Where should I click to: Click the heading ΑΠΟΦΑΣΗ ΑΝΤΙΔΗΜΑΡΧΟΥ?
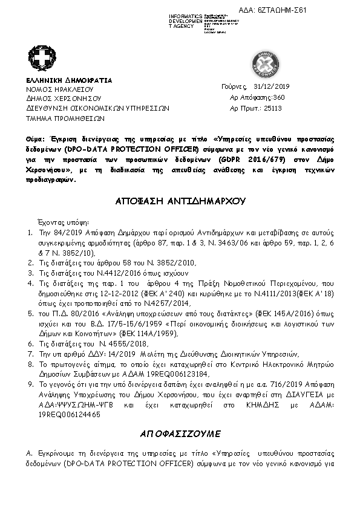coord(181,200)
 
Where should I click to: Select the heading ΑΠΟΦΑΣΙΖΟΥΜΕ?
coord(181,433)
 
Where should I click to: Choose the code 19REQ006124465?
coord(69,416)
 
